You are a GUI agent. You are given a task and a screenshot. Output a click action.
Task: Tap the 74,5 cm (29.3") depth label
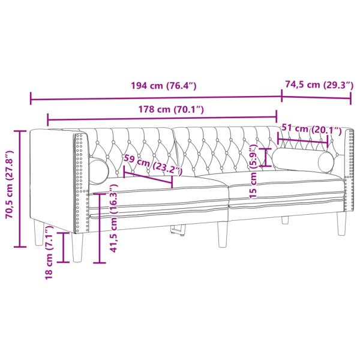[x=319, y=85]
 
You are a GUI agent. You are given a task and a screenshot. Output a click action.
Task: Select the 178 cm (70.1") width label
[x=164, y=109]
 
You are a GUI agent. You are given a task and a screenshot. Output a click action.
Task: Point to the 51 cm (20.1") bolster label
[x=310, y=130]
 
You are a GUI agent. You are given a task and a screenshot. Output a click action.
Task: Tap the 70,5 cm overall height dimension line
[x=22, y=189]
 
